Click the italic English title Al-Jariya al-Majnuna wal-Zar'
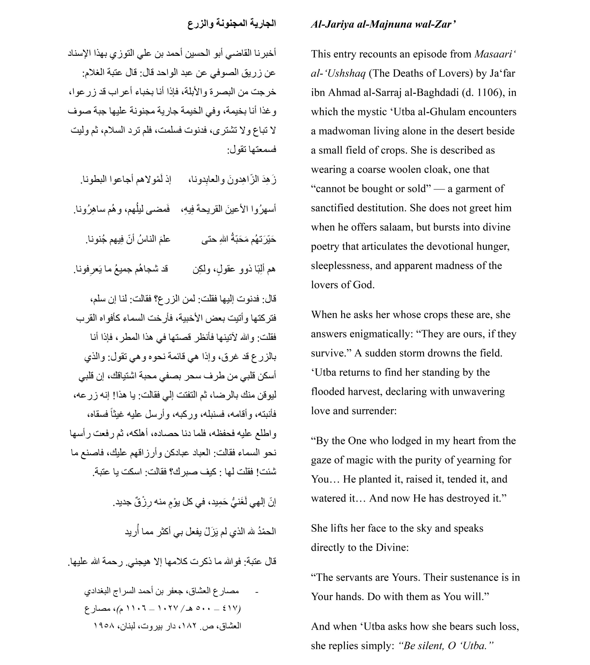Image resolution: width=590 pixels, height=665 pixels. [x=383, y=24]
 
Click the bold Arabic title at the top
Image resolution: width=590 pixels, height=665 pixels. [x=232, y=24]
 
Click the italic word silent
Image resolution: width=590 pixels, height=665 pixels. [x=428, y=645]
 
